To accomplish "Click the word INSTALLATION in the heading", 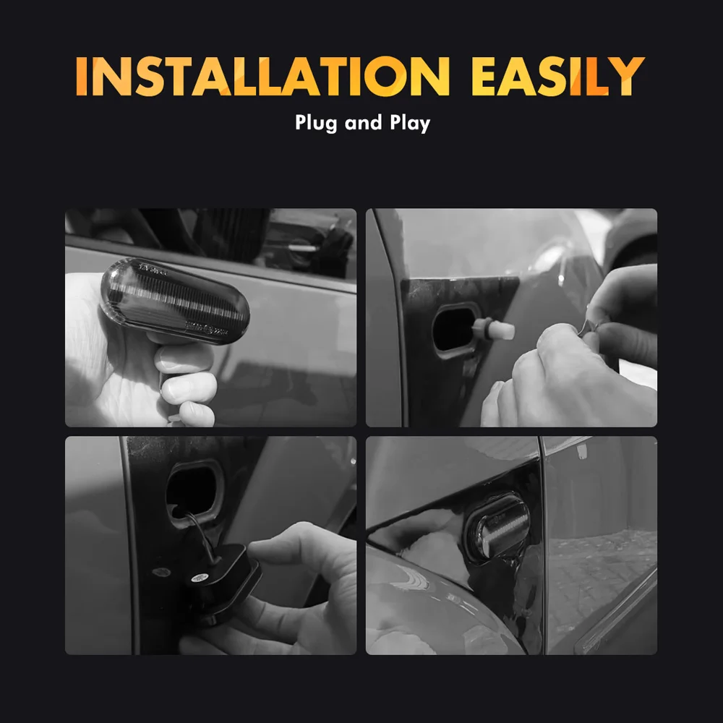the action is click(262, 76).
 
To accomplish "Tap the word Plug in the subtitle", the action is click(316, 123).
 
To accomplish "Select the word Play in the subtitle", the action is click(410, 123).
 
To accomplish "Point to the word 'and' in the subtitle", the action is click(364, 123).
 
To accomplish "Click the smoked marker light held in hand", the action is click(175, 301).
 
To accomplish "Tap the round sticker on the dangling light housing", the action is click(200, 577).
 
